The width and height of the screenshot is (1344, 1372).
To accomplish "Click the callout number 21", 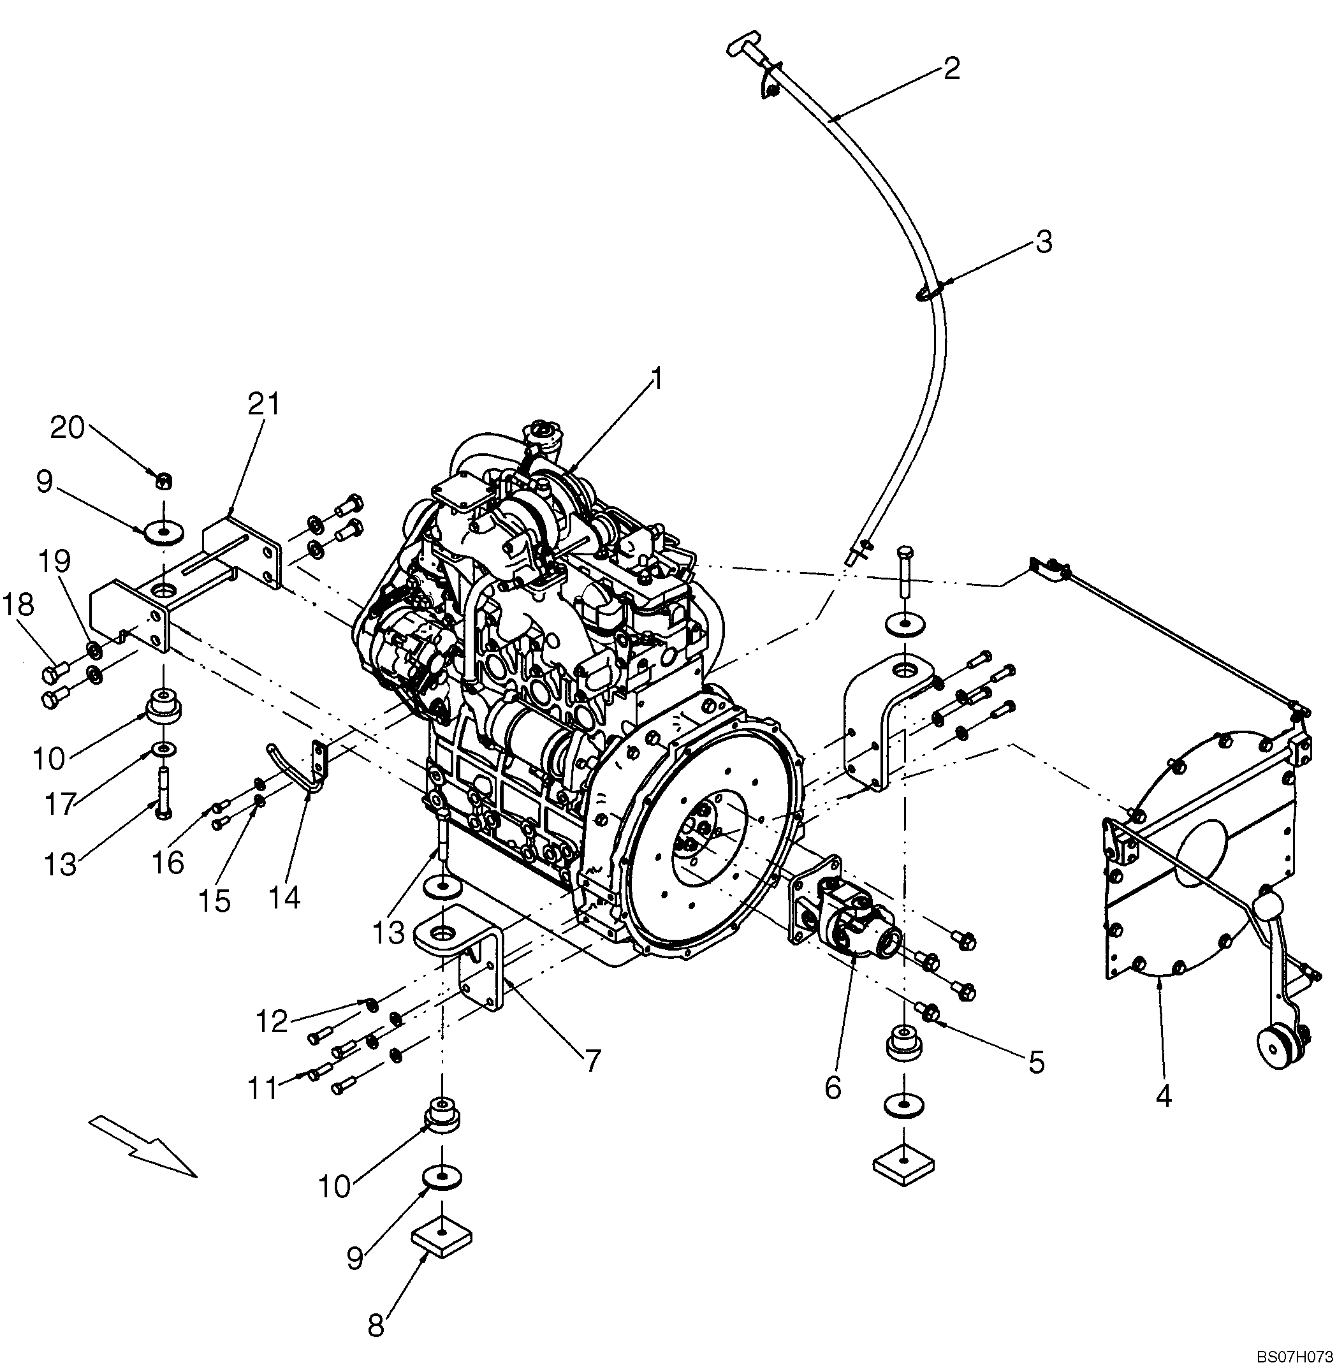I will [263, 404].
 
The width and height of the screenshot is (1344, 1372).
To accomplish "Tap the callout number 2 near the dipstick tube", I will [951, 69].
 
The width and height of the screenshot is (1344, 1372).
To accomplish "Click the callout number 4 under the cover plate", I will [1164, 1096].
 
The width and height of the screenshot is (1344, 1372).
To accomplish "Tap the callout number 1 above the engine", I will [657, 380].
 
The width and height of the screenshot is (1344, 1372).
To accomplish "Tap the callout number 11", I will [263, 1088].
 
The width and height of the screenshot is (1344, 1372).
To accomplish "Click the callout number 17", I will [61, 803].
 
